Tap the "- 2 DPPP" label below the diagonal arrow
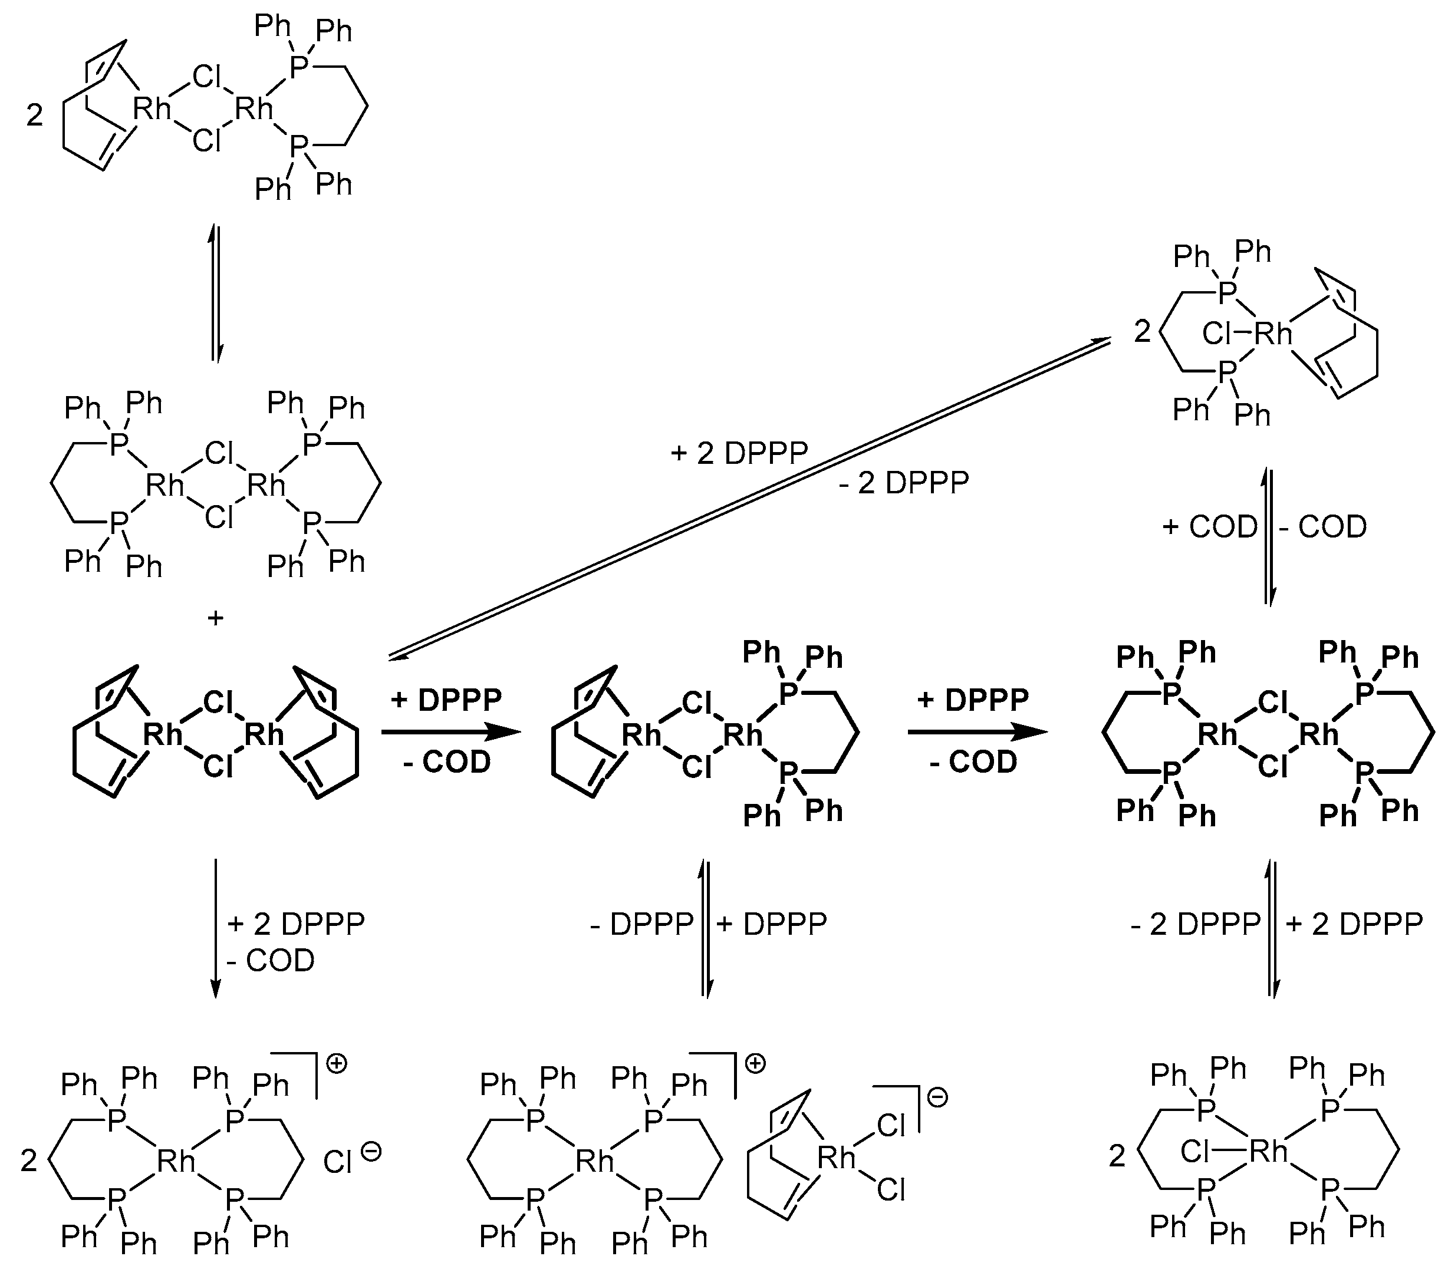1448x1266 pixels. [x=904, y=483]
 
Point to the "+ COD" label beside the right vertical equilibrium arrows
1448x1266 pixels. [x=1209, y=527]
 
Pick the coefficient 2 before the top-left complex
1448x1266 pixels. [x=35, y=115]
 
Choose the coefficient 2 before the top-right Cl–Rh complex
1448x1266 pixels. [x=1143, y=331]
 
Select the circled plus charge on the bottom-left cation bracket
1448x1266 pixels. [x=337, y=1064]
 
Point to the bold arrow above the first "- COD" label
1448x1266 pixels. [x=451, y=733]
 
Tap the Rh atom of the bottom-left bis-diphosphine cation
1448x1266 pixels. [x=176, y=1160]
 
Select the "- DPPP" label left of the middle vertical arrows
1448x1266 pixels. [x=641, y=924]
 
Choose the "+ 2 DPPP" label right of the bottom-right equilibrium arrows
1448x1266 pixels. [x=1353, y=924]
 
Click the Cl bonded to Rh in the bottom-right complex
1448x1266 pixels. [x=1194, y=1152]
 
